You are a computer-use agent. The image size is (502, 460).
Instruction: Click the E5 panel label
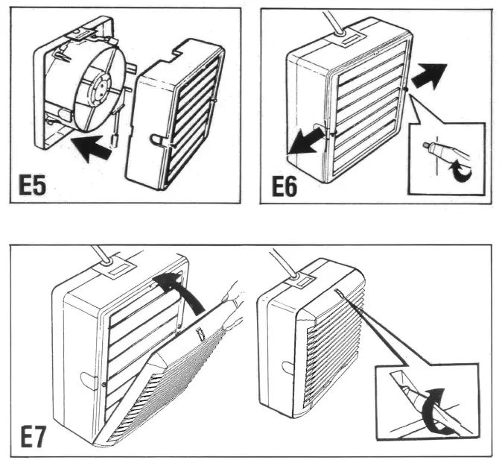click(x=32, y=183)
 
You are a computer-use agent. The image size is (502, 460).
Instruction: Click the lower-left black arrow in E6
click(x=305, y=142)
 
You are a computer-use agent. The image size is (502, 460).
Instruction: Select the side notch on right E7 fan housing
click(x=286, y=367)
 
